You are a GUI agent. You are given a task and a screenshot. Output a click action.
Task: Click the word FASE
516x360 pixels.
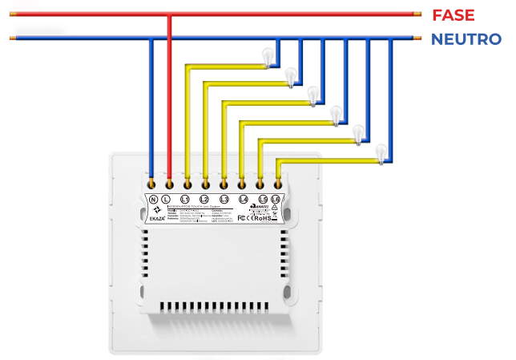pos(453,14)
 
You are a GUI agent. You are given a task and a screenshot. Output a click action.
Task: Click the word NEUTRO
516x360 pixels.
pos(466,38)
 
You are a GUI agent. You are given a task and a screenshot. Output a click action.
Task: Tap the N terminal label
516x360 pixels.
pos(152,199)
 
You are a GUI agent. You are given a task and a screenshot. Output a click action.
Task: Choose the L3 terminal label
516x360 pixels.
pos(224,199)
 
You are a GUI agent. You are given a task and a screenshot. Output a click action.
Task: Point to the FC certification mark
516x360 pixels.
pos(242,217)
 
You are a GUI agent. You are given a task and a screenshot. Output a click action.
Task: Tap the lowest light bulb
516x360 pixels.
pos(381,152)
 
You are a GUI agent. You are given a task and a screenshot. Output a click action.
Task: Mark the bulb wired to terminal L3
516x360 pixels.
pos(314,95)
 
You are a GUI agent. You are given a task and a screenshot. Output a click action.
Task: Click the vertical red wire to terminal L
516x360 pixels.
pos(168,96)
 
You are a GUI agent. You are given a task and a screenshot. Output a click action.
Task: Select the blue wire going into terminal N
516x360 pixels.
pos(151,104)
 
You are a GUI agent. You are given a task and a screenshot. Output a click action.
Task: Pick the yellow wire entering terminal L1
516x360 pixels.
pos(187,120)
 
